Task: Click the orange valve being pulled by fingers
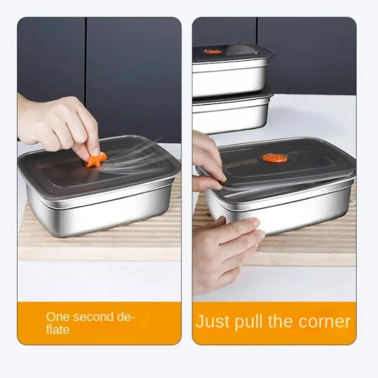(95, 159)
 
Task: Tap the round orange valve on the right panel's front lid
(275, 158)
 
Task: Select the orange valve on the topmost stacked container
(213, 51)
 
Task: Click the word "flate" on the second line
(58, 330)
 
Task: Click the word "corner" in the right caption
(324, 322)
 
